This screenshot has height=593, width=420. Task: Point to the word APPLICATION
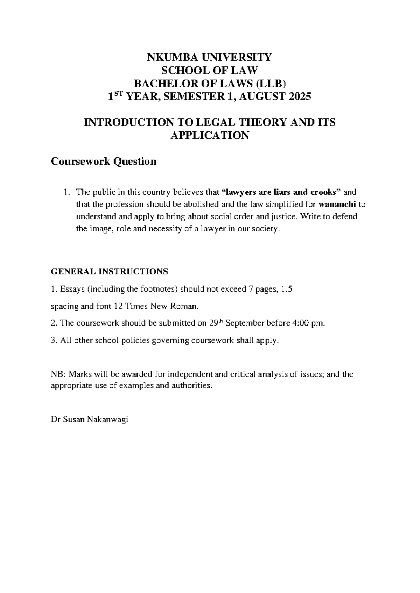(x=210, y=135)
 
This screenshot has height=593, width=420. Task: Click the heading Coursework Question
(x=104, y=162)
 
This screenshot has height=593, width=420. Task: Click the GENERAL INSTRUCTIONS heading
(x=110, y=272)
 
